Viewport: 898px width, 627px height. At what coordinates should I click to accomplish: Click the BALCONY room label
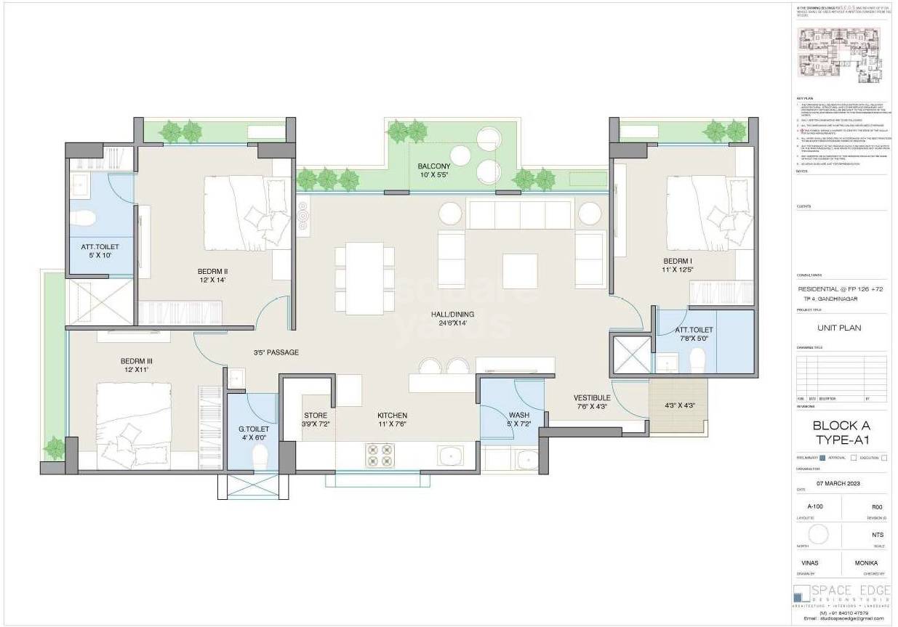tap(433, 167)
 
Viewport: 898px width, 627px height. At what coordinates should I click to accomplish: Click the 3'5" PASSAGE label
tap(276, 352)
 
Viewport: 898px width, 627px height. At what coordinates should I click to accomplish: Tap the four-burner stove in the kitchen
tap(380, 455)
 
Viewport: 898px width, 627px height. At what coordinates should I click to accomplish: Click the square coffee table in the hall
tap(520, 271)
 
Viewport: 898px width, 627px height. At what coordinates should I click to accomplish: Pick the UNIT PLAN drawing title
tap(838, 328)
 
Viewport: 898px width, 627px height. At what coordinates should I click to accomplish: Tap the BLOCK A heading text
tap(841, 426)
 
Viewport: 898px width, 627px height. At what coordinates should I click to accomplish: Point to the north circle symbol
tap(819, 535)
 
